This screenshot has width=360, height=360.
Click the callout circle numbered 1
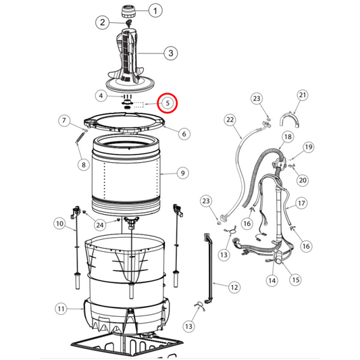tap(155, 11)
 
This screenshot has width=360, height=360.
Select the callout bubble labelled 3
tap(171, 53)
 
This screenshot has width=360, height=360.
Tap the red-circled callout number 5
tap(168, 103)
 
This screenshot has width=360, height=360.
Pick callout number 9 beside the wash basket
tap(182, 173)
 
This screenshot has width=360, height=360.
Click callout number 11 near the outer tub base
tap(61, 309)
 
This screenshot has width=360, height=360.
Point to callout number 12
tap(234, 287)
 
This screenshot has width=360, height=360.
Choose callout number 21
tap(303, 95)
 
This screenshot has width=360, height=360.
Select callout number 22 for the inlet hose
tap(230, 120)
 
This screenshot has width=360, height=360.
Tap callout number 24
tap(100, 225)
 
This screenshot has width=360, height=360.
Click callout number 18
tap(288, 137)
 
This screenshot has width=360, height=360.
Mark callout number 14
tap(272, 280)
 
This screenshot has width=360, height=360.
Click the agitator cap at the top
tap(128, 11)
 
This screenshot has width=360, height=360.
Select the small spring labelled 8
tap(80, 138)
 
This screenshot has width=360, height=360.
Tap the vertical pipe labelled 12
tap(210, 269)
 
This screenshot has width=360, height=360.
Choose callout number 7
tap(63, 120)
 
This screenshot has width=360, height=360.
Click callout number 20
tap(303, 180)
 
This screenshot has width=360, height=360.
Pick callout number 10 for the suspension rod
tap(59, 224)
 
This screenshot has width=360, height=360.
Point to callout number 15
tap(296, 280)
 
